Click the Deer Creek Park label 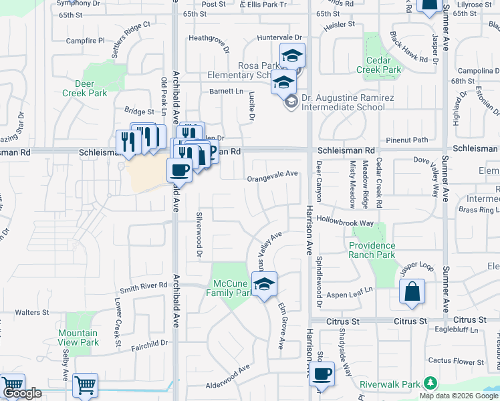[x=85, y=88]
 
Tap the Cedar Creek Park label [x=378, y=65]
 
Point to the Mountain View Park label [x=78, y=338]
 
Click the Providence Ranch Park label [x=372, y=250]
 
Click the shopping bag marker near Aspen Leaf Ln [x=412, y=292]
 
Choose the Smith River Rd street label [x=143, y=287]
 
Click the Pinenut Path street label [x=411, y=140]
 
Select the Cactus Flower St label [x=457, y=361]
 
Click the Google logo [x=23, y=394]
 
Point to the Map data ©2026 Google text [x=459, y=396]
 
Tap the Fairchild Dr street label [x=148, y=345]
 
